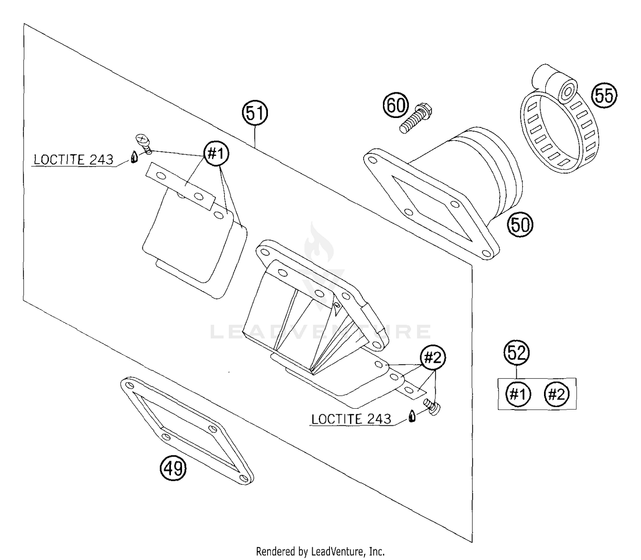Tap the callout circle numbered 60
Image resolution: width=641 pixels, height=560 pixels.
[396, 105]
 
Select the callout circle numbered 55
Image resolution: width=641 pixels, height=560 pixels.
[604, 96]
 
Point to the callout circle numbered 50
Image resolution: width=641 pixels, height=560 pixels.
[520, 224]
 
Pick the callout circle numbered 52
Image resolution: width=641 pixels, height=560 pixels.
[517, 353]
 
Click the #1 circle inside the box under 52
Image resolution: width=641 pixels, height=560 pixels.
[518, 394]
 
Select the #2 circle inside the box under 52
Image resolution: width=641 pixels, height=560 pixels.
[556, 394]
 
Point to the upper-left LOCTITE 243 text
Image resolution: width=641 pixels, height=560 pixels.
[74, 160]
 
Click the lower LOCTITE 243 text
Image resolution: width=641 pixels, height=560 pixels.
[351, 419]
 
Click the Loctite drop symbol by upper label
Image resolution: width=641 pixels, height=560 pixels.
[134, 157]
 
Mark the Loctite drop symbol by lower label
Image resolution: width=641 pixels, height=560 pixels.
[412, 416]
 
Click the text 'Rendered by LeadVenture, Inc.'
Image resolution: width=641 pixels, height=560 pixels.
[320, 551]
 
